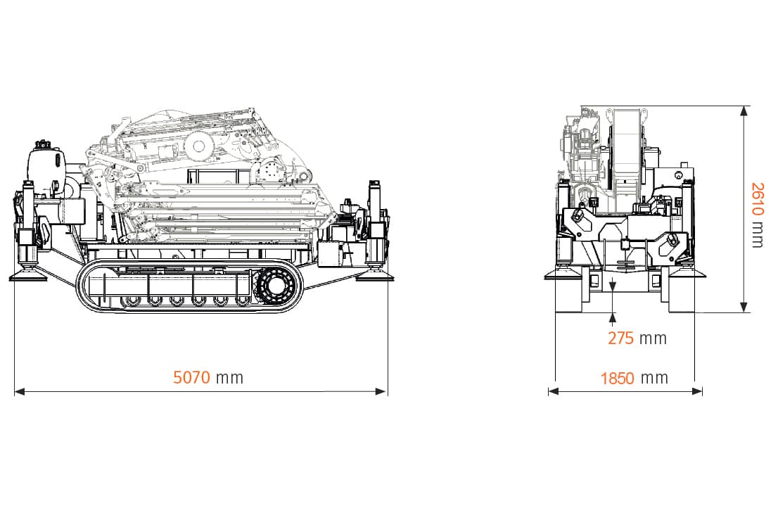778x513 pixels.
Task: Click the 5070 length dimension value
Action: [191, 378]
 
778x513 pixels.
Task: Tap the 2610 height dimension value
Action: [757, 199]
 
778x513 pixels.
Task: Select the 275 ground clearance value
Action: [620, 338]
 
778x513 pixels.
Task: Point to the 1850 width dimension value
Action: [617, 379]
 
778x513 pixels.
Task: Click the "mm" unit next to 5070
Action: [230, 379]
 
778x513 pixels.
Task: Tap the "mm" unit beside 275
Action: [653, 339]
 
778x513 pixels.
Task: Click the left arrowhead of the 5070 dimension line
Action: [20, 392]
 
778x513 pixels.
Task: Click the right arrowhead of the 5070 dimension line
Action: [381, 392]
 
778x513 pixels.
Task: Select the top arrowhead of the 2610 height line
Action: [744, 110]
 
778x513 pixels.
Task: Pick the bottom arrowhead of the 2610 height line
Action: [744, 307]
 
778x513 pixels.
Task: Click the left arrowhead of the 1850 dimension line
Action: [553, 391]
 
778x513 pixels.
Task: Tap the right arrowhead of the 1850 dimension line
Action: [697, 391]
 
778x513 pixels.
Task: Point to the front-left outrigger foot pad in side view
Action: [28, 275]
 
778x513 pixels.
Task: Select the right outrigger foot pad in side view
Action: [375, 275]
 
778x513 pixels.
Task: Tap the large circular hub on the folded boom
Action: [198, 146]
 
